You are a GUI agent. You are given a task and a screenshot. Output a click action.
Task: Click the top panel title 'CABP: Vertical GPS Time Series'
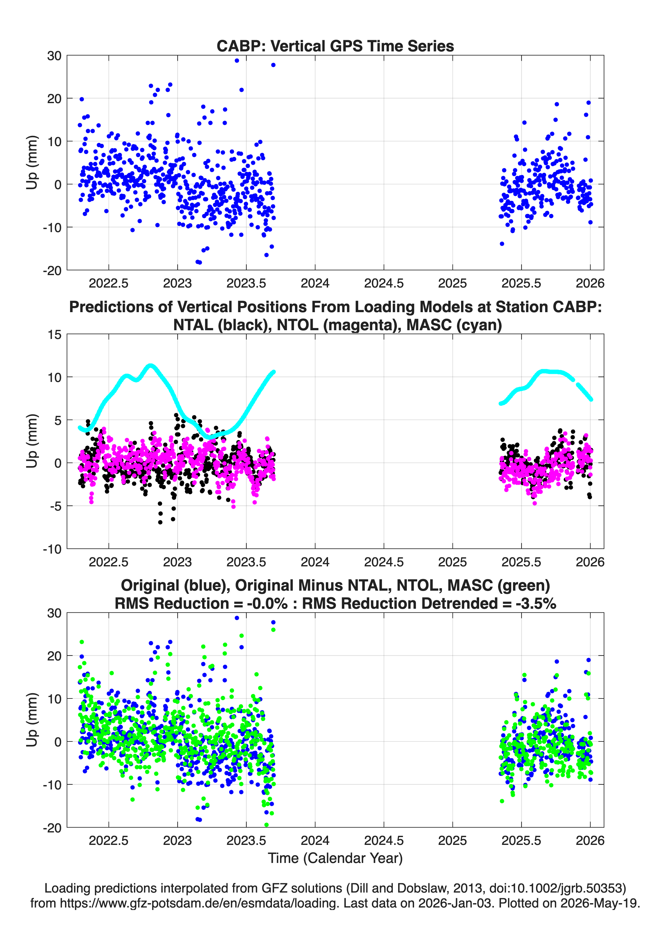[x=335, y=46]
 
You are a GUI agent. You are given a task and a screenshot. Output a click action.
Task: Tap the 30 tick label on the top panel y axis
[x=54, y=56]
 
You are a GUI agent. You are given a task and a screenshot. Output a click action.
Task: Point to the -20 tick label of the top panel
[x=52, y=270]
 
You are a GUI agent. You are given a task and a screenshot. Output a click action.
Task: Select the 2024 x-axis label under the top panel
[x=315, y=283]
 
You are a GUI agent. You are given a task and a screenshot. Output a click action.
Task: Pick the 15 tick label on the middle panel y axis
[x=55, y=335]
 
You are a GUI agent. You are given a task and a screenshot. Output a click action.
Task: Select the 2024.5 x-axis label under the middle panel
[x=384, y=562]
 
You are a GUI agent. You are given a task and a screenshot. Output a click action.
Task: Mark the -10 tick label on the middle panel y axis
[x=52, y=549]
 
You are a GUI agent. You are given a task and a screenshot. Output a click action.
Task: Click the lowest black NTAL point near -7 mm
[x=160, y=522]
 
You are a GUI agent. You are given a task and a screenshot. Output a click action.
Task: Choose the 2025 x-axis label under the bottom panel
[x=453, y=841]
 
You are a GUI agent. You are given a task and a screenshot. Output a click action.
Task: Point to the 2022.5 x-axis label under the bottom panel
[x=108, y=841]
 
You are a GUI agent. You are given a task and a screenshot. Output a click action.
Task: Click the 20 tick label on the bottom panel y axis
[x=54, y=656]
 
